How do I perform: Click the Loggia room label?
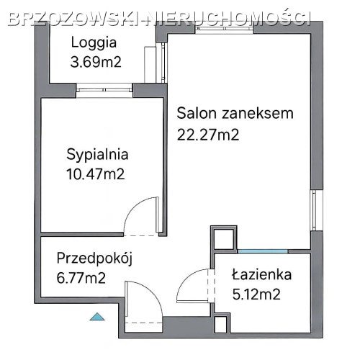[x=94, y=43]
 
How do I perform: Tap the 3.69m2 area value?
[x=96, y=62]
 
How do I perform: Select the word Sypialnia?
[x=97, y=155]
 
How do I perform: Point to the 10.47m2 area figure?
[x=96, y=174]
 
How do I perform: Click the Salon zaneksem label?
[x=235, y=113]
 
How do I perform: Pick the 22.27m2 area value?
[x=208, y=135]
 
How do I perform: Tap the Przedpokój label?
[x=94, y=259]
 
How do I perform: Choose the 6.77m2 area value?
[x=81, y=278]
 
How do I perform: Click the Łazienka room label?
[x=261, y=274]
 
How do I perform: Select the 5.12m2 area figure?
[x=256, y=294]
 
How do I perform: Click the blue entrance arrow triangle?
[x=97, y=317]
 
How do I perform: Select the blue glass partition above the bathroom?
[x=263, y=251]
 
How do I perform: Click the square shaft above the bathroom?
[x=224, y=239]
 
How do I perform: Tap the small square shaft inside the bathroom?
[x=221, y=325]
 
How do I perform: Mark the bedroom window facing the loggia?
[x=104, y=90]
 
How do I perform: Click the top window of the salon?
[x=224, y=30]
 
